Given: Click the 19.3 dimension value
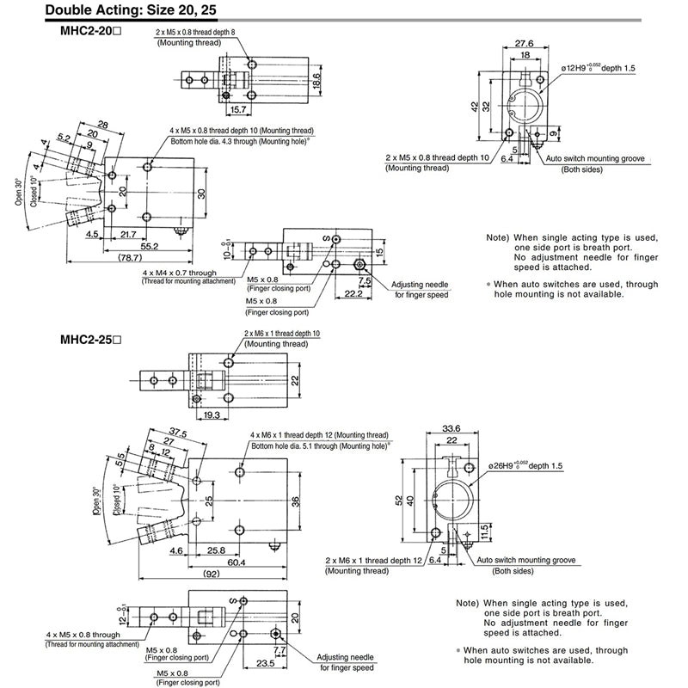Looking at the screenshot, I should (211, 415).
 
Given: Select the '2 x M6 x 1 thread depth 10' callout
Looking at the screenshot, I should (282, 333).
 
